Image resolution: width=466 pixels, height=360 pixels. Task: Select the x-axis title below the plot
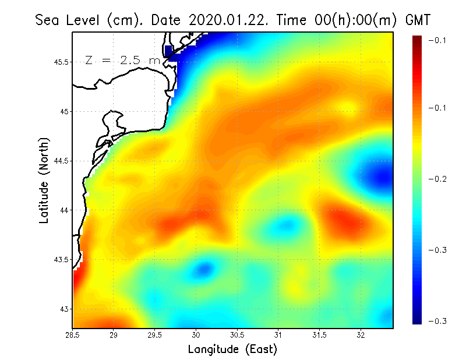(x=232, y=350)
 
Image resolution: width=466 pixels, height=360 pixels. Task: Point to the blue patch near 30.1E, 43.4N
(x=204, y=269)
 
